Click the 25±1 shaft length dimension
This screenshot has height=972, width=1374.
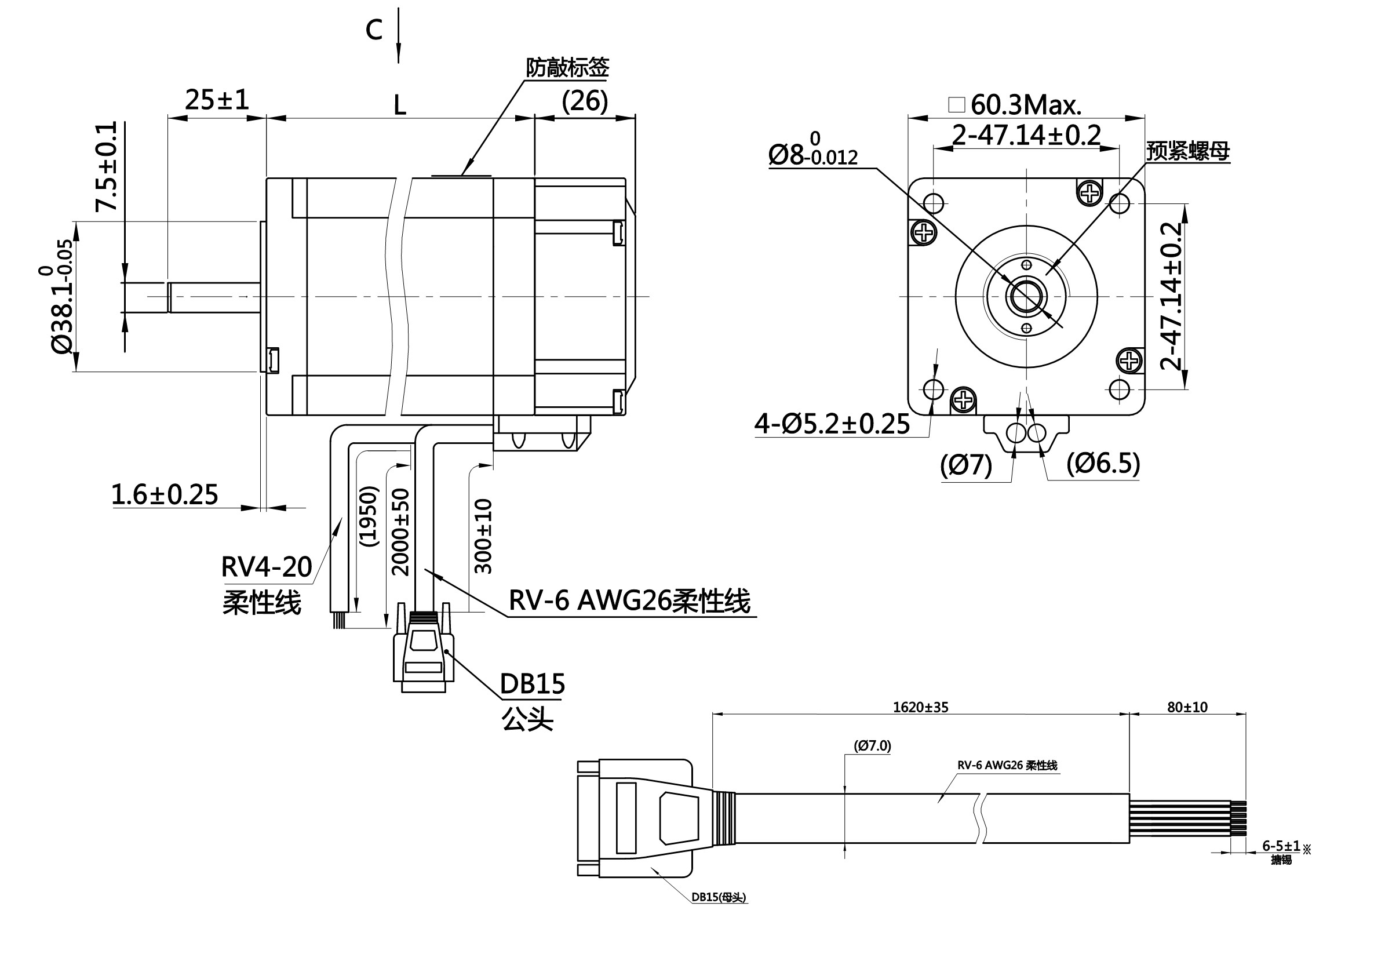point(217,99)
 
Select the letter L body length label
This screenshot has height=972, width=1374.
point(399,106)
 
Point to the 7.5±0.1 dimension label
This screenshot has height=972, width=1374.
point(107,166)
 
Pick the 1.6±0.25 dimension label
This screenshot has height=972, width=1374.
point(165,495)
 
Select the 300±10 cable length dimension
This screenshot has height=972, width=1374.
point(483,536)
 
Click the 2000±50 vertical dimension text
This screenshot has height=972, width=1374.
point(400,531)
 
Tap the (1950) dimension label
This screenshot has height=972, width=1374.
point(369,516)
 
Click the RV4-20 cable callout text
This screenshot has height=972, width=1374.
point(267,567)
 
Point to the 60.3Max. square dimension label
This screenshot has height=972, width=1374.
point(1026,105)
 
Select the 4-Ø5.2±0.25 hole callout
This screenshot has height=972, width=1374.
point(832,424)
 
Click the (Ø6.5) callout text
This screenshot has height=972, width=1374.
point(1103,463)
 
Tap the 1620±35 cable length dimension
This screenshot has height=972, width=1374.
point(920,708)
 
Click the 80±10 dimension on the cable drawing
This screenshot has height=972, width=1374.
point(1187,708)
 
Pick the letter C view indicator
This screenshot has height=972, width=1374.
point(374,30)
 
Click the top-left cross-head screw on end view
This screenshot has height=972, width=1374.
point(924,232)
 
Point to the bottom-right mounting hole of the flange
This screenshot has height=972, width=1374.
point(1119,389)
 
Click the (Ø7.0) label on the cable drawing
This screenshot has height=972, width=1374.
point(872,746)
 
